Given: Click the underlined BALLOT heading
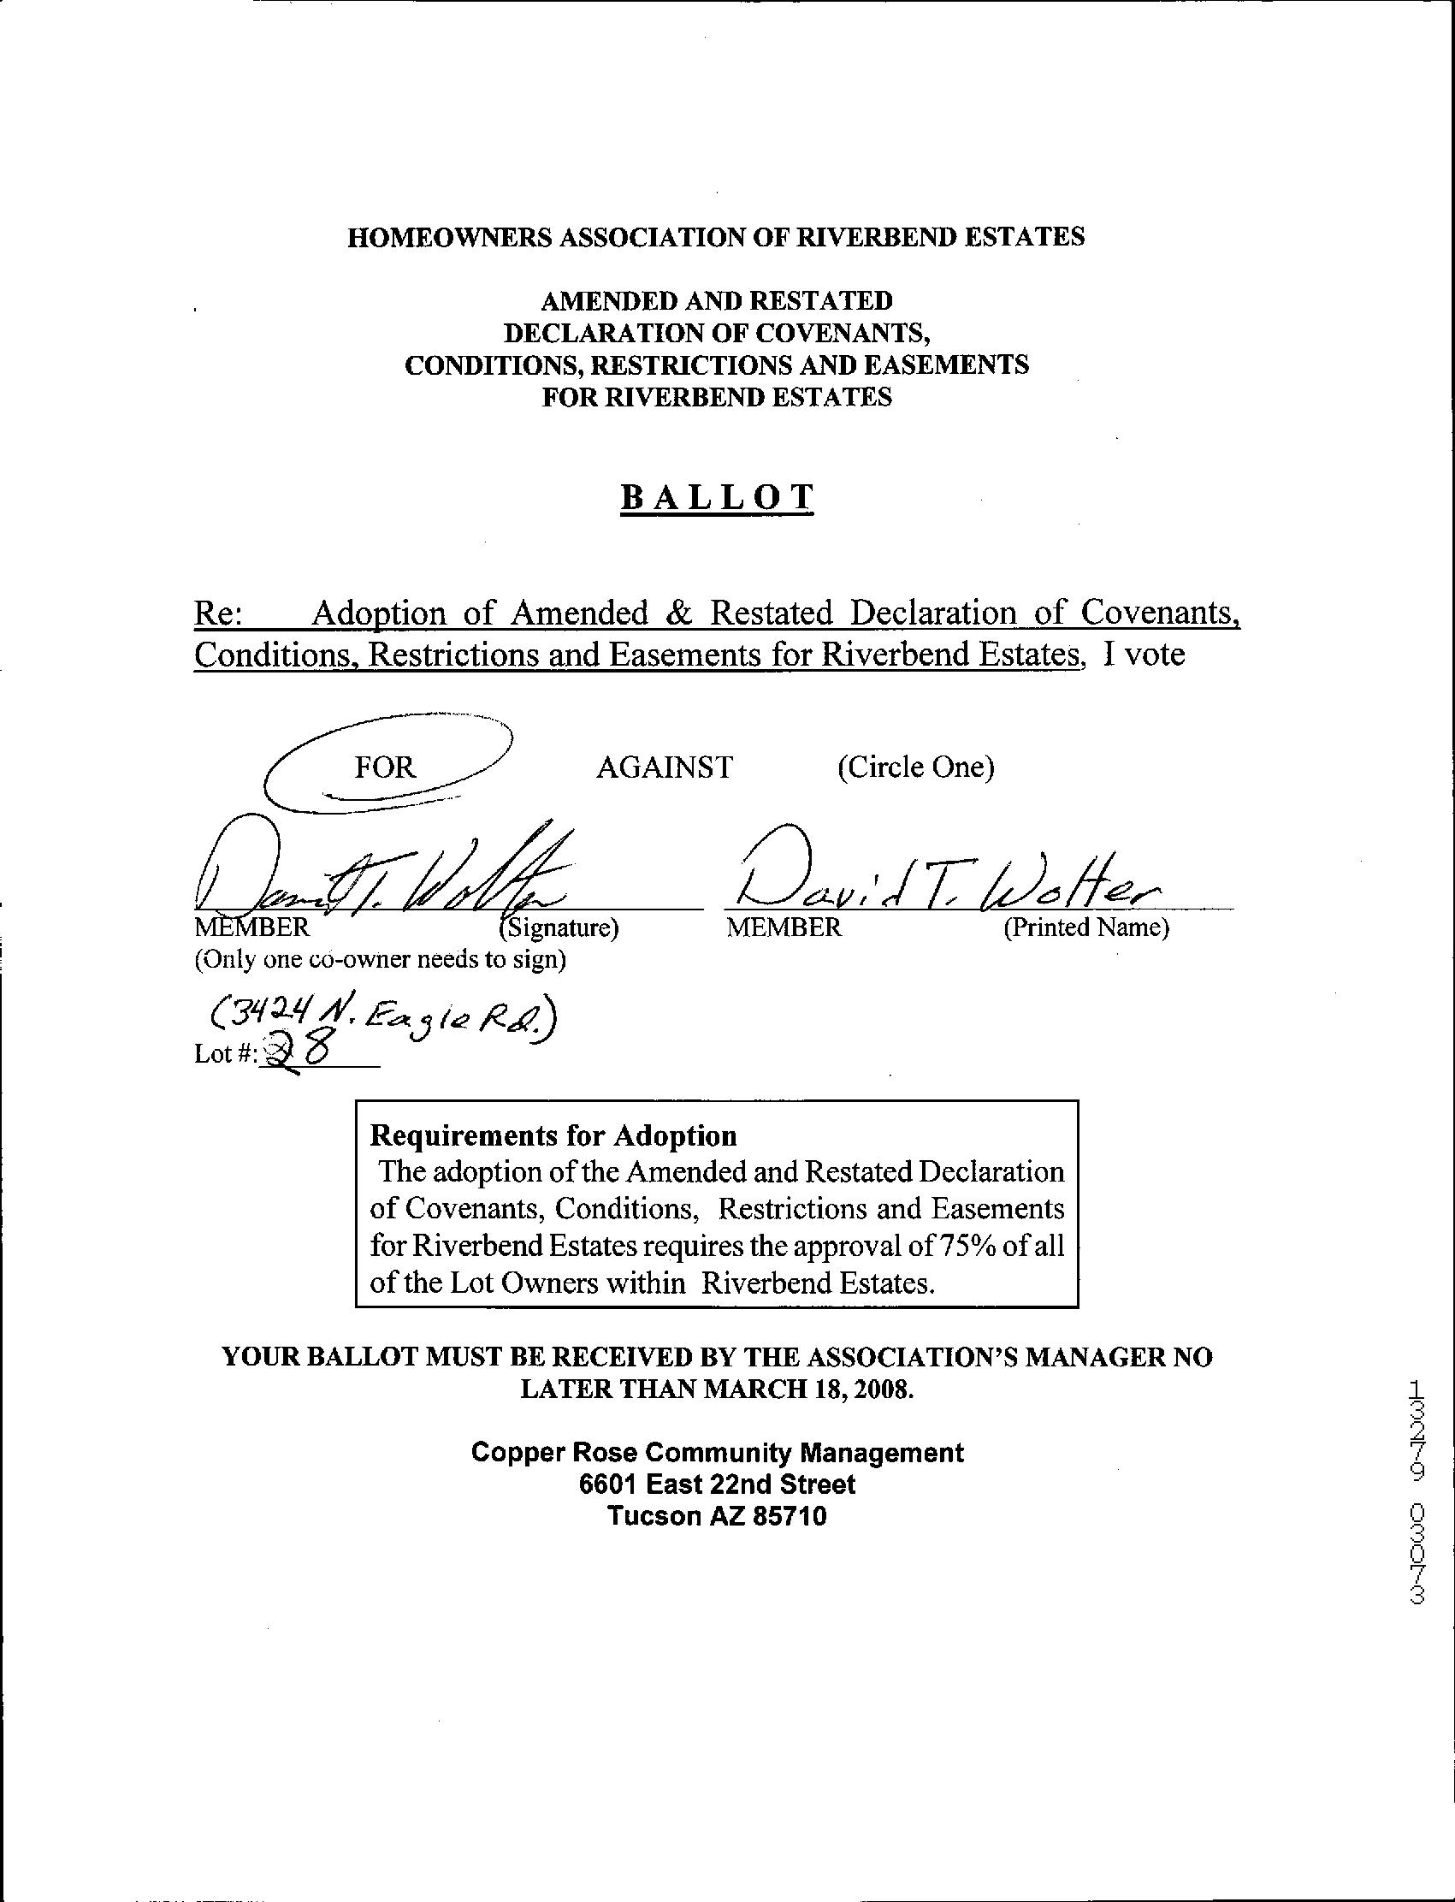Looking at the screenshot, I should [717, 497].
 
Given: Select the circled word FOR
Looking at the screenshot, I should [386, 767].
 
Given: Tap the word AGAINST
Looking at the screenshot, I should [665, 767].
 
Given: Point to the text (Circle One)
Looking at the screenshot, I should [915, 767].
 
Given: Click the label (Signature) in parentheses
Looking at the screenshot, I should [559, 927].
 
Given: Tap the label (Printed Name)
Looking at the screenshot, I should [1086, 927].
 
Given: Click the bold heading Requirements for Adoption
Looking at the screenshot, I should [553, 1135].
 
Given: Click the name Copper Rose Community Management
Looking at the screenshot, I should [717, 1453].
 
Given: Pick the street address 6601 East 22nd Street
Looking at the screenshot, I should [717, 1484].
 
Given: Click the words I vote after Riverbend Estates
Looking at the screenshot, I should [1143, 654].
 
